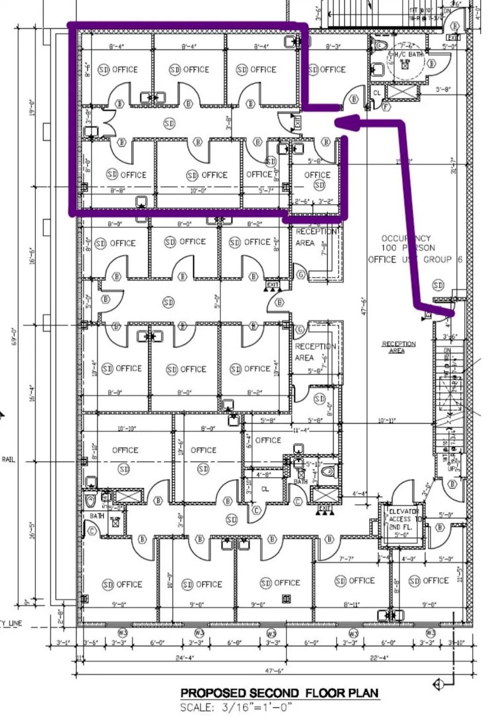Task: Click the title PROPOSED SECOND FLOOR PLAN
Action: (279, 693)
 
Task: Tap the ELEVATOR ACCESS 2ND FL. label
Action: (402, 519)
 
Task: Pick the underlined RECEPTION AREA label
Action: (399, 347)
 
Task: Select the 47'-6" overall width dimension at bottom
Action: (275, 671)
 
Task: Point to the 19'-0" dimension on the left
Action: (33, 108)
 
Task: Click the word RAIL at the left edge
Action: (8, 460)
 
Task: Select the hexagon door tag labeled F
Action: (387, 107)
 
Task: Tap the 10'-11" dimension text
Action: (387, 420)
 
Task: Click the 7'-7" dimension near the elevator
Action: (346, 558)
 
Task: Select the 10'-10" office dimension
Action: (127, 428)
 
